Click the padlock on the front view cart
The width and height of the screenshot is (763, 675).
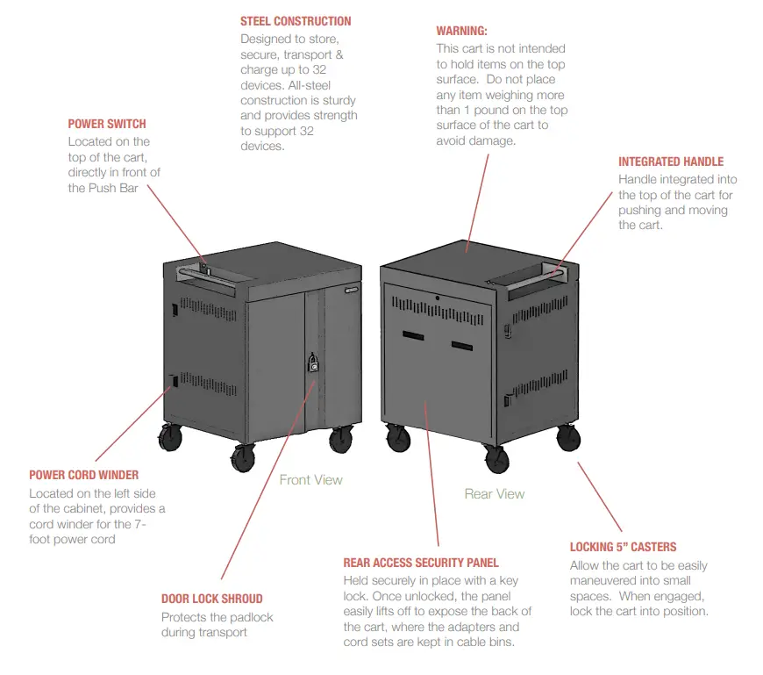[311, 363]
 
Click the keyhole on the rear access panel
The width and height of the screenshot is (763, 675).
[436, 298]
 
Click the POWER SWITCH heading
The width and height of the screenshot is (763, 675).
[107, 124]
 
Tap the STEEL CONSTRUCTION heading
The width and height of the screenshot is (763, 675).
[296, 21]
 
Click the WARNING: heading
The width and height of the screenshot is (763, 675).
[461, 31]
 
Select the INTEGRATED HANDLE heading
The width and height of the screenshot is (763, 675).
[671, 162]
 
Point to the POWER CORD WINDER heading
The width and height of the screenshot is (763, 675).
[84, 475]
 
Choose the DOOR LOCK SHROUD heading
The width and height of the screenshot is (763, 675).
[211, 599]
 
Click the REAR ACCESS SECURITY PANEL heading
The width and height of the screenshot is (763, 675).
[421, 563]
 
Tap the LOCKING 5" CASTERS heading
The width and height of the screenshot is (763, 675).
[623, 547]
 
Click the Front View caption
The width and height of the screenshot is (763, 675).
[310, 479]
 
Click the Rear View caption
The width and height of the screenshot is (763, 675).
[495, 493]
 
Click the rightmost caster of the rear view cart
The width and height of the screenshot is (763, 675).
[568, 436]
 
